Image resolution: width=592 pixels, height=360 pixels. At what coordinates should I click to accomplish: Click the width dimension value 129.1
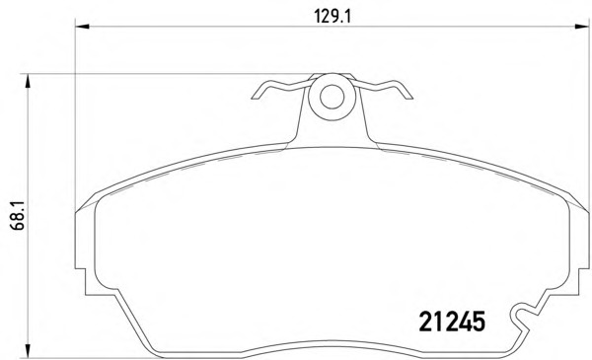tap(333, 16)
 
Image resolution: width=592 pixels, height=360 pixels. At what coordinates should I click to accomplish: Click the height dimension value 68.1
tap(18, 215)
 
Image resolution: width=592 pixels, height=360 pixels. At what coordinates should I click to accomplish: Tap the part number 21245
tap(452, 322)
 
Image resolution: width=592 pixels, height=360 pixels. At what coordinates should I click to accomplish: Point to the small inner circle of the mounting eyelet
tap(332, 97)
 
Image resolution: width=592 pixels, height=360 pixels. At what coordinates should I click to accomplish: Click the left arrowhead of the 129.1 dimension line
tap(82, 27)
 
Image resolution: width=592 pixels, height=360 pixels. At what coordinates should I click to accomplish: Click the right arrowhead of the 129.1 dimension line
tap(581, 27)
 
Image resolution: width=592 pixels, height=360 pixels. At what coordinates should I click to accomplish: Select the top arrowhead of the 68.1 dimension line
tap(28, 81)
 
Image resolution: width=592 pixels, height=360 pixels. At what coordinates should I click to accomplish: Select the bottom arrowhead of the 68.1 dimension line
tap(28, 350)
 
